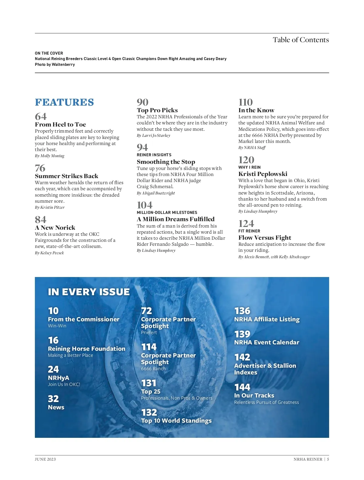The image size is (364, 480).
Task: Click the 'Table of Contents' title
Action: [x=301, y=40]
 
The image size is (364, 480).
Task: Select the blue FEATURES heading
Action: [x=64, y=102]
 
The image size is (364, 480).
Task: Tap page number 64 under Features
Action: [x=41, y=117]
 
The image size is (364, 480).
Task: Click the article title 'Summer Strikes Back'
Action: [x=66, y=176]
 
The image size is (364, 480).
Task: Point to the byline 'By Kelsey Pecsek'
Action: [x=49, y=253]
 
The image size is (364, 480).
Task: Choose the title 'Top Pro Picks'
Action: [x=157, y=110]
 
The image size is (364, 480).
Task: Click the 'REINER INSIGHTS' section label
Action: [x=154, y=155]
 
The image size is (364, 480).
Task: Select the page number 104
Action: [x=144, y=205]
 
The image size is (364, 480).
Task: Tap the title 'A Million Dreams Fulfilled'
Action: [x=175, y=219]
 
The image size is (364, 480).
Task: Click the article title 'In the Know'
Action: [x=256, y=110]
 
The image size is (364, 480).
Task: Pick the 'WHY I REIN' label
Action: [x=249, y=167]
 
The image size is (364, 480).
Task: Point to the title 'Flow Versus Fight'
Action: [x=265, y=238]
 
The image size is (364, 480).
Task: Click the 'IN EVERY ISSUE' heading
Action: [x=89, y=292]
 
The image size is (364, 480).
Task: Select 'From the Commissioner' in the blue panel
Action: [x=83, y=319]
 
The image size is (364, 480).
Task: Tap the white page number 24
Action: [x=53, y=369]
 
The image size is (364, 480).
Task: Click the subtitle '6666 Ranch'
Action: [x=153, y=369]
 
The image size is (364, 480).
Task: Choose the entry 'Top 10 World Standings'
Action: [x=176, y=421]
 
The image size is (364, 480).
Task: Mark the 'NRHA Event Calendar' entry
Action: [x=267, y=342]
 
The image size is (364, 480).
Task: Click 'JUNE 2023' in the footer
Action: [x=45, y=459]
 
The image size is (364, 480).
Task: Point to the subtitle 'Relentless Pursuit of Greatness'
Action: [x=266, y=402]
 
